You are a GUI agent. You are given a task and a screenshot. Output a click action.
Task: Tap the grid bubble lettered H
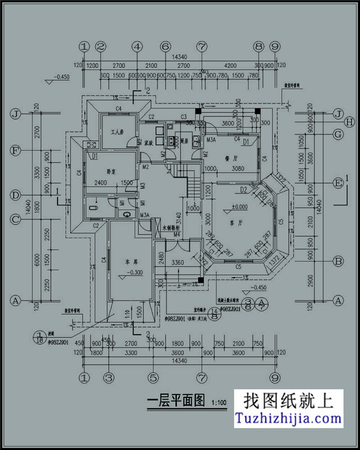[x=350, y=121]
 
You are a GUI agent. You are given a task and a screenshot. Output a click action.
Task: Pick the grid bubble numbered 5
[x=152, y=378]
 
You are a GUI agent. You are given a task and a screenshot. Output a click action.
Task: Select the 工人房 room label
[x=117, y=133]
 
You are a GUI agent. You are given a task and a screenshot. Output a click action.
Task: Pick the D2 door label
[x=243, y=190]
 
